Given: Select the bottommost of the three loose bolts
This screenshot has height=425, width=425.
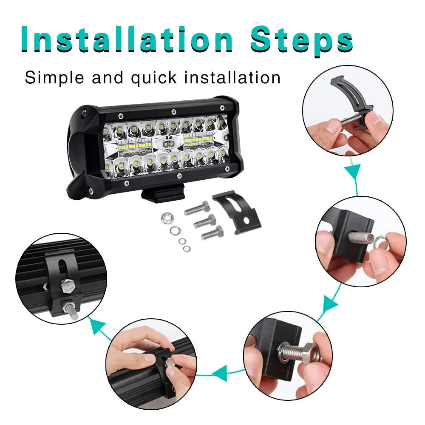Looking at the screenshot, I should (x=212, y=232).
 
